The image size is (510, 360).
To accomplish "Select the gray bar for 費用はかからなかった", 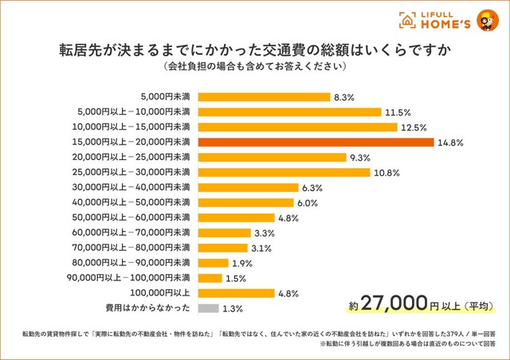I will pos(207,307).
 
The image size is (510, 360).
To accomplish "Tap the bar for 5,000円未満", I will pos(264,96).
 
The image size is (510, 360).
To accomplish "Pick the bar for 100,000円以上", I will pos(236,292).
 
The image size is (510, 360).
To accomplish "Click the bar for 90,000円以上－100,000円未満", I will pos(210,277).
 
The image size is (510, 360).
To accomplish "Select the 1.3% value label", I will pos(233,308).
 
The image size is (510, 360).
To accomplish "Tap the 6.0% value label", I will pos(308,202).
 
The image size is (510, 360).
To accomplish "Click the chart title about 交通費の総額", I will pos(254,49).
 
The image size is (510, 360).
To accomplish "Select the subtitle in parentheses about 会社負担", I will pos(254,66).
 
